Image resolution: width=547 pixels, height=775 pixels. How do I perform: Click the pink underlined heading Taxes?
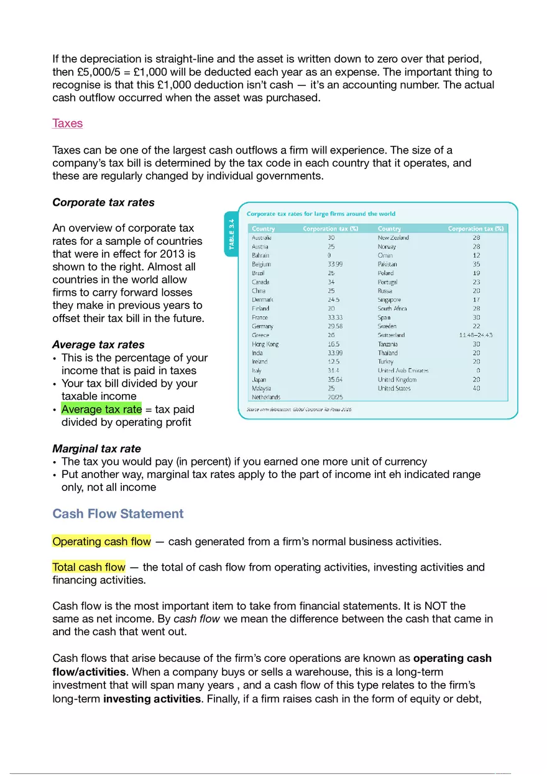[67, 123]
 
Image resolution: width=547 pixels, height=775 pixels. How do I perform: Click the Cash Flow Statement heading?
[118, 513]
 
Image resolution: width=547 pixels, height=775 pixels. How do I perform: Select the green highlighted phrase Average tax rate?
[101, 409]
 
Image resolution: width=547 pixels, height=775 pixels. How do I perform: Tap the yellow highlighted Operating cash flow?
[101, 541]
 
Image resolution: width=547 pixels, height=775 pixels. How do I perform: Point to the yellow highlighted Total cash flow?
[89, 567]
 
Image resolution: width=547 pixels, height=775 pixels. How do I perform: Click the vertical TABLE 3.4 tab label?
[231, 234]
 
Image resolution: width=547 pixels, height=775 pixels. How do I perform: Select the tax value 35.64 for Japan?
[334, 379]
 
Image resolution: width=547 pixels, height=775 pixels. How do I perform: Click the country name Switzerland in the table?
[391, 335]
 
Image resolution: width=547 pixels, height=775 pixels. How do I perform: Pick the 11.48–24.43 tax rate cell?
[476, 335]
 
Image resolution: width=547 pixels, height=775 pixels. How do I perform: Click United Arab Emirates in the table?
[403, 370]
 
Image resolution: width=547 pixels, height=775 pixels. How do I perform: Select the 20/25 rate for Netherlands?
[334, 397]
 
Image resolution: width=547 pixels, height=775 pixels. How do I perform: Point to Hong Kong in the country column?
[265, 344]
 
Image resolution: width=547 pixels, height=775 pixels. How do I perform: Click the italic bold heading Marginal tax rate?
[96, 448]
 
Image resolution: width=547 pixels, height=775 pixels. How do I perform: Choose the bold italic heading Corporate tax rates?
[103, 202]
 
